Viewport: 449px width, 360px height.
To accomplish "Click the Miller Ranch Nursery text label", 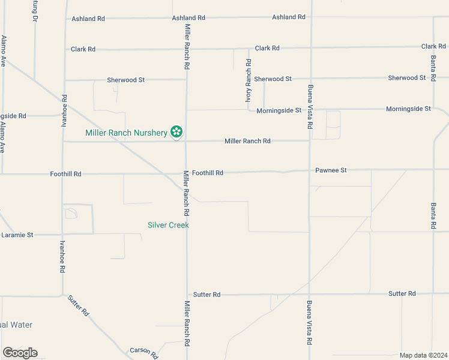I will pyautogui.click(x=126, y=133).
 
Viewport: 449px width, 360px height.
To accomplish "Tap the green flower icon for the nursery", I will pyautogui.click(x=176, y=131).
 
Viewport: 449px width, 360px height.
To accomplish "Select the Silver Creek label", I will pyautogui.click(x=168, y=225).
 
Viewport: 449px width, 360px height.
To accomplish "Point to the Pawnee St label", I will pyautogui.click(x=331, y=170).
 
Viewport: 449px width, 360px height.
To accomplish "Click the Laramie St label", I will pyautogui.click(x=17, y=235).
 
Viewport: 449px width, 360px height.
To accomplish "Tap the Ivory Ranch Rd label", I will pyautogui.click(x=248, y=80).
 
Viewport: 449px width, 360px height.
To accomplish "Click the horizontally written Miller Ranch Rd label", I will pyautogui.click(x=247, y=141).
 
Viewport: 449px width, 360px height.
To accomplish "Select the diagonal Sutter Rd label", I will pyautogui.click(x=79, y=305).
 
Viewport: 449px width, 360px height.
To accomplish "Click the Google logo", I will pyautogui.click(x=20, y=353).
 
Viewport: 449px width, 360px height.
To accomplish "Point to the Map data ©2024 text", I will pyautogui.click(x=424, y=355).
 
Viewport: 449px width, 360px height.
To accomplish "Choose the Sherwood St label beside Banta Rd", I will pyautogui.click(x=406, y=77).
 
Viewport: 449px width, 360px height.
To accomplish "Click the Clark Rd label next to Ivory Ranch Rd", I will pyautogui.click(x=267, y=48).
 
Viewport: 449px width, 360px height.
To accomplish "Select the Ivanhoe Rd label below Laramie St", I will pyautogui.click(x=62, y=257).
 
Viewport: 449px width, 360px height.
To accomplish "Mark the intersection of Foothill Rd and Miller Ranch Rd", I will pyautogui.click(x=186, y=173).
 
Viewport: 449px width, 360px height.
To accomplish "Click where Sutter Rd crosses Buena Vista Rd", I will pyautogui.click(x=310, y=294).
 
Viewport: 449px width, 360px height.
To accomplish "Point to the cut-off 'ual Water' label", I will pyautogui.click(x=16, y=325).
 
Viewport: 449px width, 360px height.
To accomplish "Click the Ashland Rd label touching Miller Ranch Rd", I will pyautogui.click(x=188, y=18).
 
